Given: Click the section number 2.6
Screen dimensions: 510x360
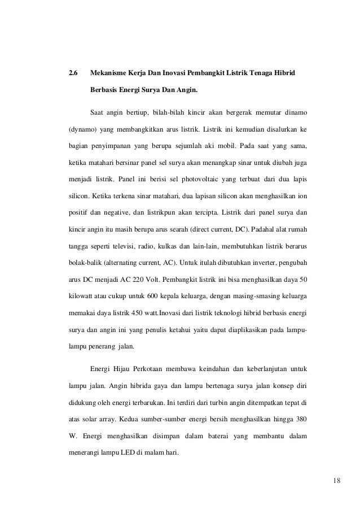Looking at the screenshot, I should (73, 73).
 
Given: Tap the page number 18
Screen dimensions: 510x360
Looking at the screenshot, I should (337, 481).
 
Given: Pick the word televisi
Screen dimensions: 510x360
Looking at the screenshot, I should (131, 247).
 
